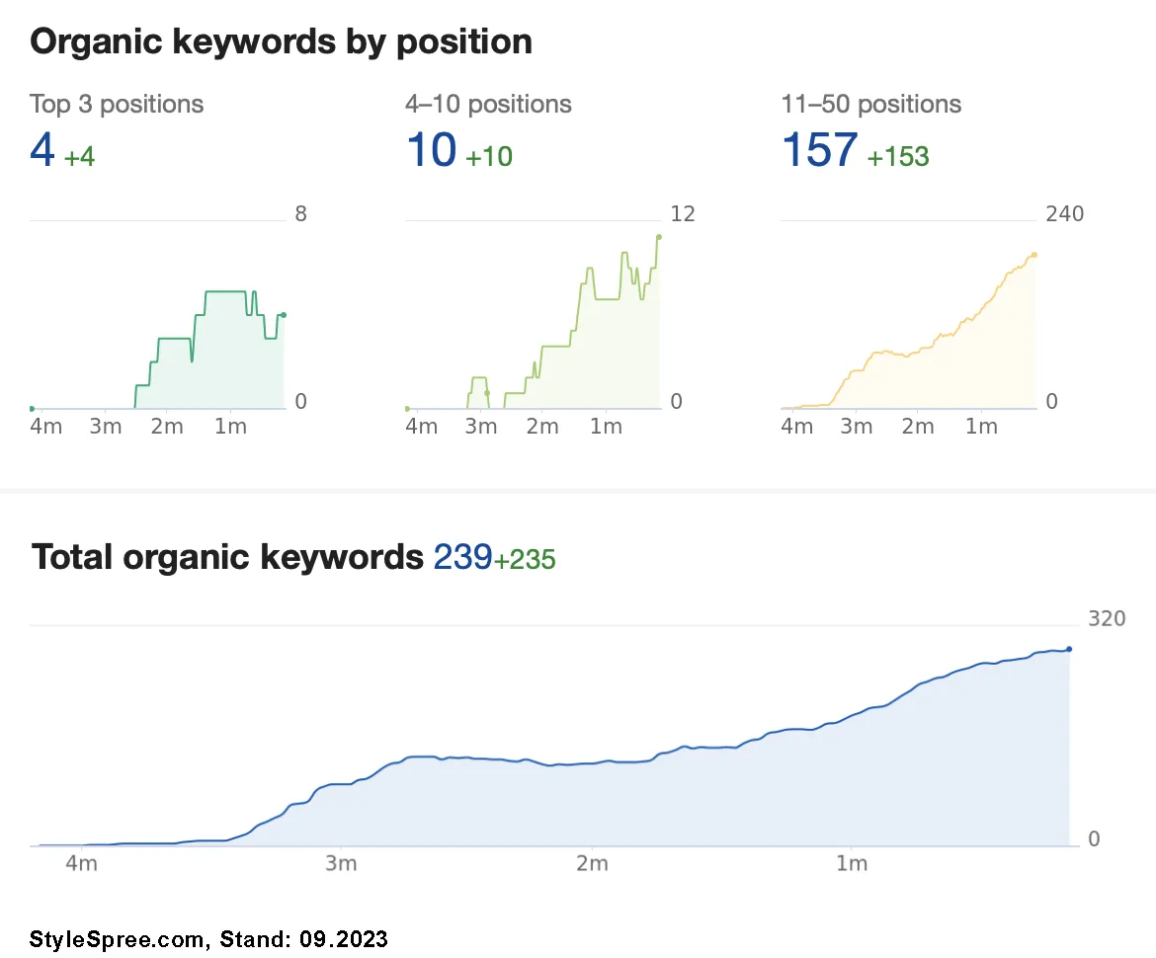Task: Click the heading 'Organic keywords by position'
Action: (x=282, y=41)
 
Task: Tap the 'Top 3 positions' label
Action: (x=117, y=104)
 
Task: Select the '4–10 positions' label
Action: (x=488, y=104)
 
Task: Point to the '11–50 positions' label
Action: (x=870, y=104)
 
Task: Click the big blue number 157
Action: (x=819, y=150)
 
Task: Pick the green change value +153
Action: (x=898, y=156)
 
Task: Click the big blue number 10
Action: (x=431, y=150)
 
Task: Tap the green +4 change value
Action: (x=79, y=156)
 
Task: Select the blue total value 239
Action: (x=462, y=558)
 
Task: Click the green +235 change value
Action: (x=525, y=560)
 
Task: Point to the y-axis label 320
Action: (x=1107, y=619)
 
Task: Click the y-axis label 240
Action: (x=1065, y=214)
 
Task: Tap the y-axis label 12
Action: (x=683, y=214)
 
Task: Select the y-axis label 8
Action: (x=301, y=214)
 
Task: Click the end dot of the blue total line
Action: (x=1069, y=649)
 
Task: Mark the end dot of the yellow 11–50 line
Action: (x=1034, y=255)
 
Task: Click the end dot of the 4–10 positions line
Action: (x=659, y=237)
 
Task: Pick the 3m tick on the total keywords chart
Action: (x=340, y=864)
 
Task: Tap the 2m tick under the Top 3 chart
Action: (x=167, y=427)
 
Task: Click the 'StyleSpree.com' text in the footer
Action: (x=118, y=938)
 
